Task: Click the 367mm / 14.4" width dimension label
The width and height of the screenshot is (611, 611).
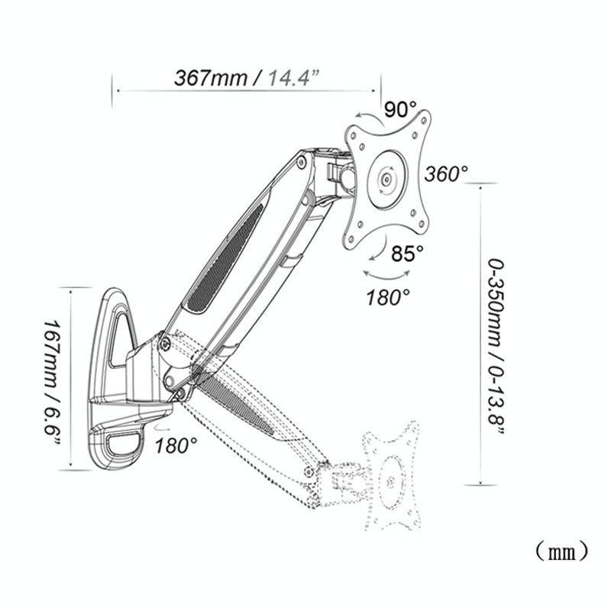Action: (x=247, y=79)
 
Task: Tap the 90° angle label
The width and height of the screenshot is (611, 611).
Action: (x=401, y=109)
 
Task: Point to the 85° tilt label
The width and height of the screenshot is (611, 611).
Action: (x=406, y=253)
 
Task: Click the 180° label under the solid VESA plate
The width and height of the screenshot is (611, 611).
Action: (x=389, y=296)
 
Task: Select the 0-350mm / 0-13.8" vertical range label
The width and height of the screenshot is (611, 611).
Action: (x=497, y=347)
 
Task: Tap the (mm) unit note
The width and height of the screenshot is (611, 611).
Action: (x=561, y=549)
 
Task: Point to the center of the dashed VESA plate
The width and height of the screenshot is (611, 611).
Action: (x=390, y=482)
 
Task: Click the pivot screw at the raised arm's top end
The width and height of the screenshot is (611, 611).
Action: (x=302, y=162)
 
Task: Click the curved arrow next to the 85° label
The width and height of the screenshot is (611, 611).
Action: (x=379, y=248)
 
